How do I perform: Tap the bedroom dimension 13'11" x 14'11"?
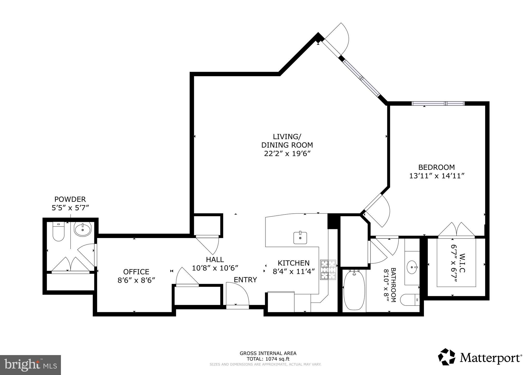pos(436,176)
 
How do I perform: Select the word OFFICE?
pos(136,272)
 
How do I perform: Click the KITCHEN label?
pos(294,263)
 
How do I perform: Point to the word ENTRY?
pos(245,280)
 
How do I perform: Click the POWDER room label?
pos(70,199)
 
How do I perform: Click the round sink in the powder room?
pos(83,229)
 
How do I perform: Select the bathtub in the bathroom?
pos(354,290)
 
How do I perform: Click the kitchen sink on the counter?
pos(300,237)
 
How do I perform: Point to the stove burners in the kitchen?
pos(328,270)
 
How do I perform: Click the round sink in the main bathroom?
pos(412,267)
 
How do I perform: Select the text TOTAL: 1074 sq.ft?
pos(268,359)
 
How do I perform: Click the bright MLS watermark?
pos(30,365)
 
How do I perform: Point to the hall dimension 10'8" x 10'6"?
pos(215,268)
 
